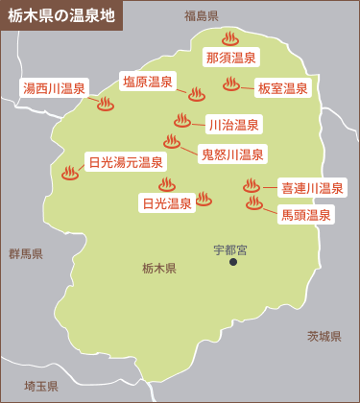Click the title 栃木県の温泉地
61,16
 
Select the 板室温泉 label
283,88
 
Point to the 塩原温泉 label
148,82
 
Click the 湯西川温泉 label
55,88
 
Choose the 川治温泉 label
233,124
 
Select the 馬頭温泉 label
306,216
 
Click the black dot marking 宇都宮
231,262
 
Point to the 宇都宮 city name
230,249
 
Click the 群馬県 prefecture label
26,254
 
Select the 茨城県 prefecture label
324,336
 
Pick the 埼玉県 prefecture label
41,386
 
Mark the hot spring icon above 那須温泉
229,38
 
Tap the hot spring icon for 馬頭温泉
254,203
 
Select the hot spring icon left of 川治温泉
182,120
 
